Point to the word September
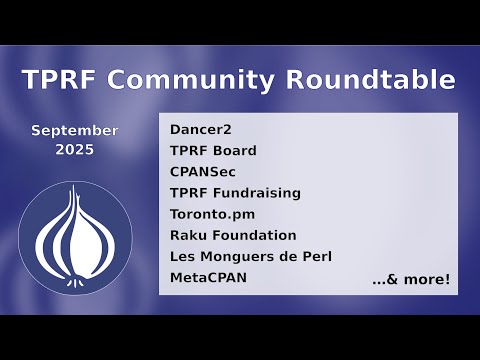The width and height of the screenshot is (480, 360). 74,131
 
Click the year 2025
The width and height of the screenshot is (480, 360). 74,150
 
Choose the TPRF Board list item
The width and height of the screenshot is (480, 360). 213,151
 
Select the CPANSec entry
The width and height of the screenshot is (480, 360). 203,172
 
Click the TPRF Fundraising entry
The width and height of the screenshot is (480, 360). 235,193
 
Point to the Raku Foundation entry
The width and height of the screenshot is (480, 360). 233,235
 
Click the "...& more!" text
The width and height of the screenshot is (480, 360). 411,279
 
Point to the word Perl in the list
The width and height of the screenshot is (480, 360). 316,256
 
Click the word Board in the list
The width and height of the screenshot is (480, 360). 235,151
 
